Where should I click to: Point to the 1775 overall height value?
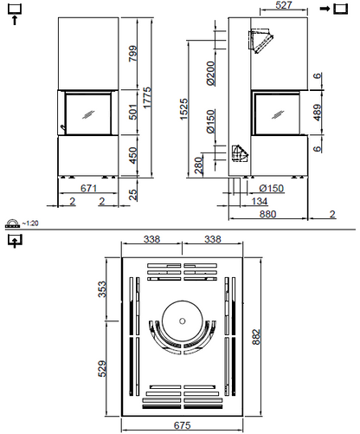point(148,100)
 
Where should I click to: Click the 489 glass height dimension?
point(319,112)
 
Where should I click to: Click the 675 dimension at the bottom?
point(181,425)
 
